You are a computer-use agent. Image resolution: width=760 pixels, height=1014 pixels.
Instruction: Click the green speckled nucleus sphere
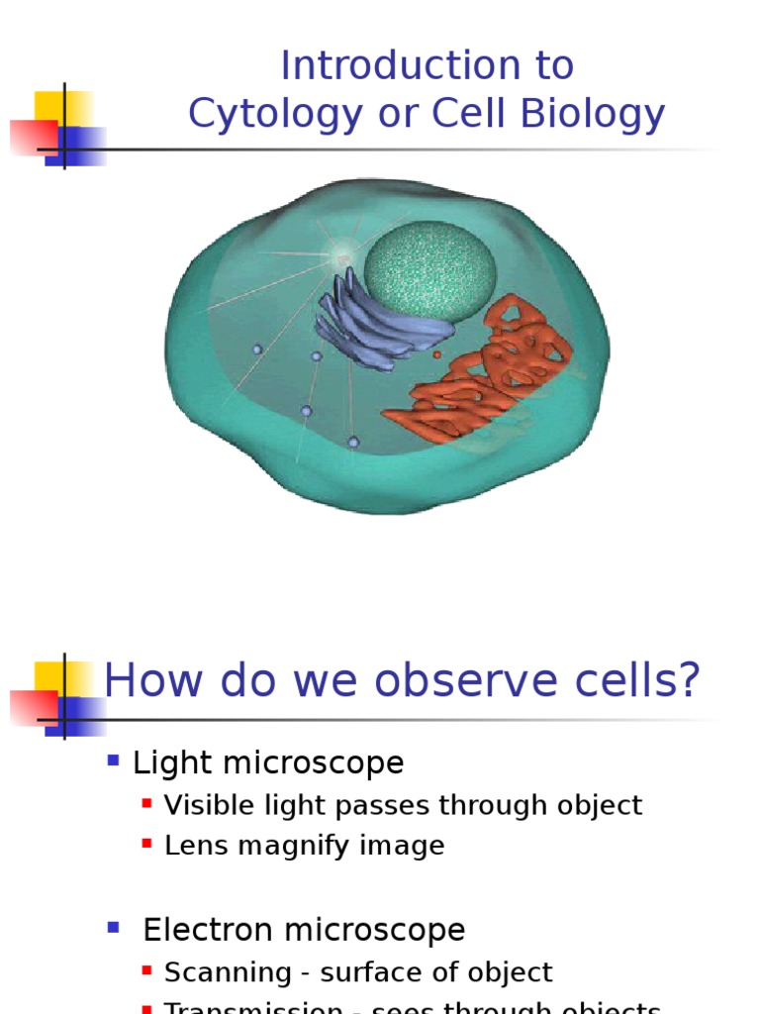tap(429, 270)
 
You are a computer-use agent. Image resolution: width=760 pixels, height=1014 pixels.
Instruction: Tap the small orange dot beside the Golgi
tap(436, 354)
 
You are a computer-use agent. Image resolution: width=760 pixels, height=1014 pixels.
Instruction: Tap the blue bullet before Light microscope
tap(113, 761)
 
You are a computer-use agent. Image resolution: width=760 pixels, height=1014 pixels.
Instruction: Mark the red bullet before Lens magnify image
tap(147, 844)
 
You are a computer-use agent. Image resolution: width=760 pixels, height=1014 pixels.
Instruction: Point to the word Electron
tap(208, 930)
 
